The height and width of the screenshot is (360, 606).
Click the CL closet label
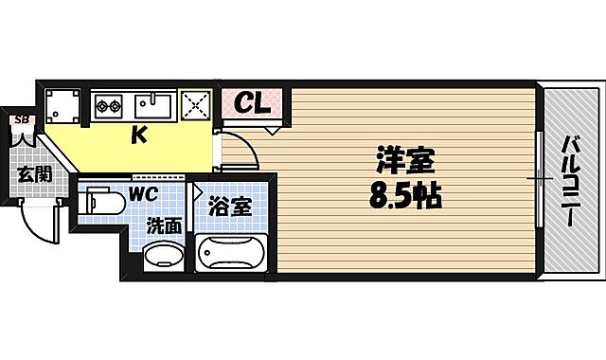tap(251, 101)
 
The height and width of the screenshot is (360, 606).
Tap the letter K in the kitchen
tap(138, 135)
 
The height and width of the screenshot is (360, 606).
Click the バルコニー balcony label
tap(571, 180)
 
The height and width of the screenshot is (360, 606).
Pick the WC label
tap(144, 194)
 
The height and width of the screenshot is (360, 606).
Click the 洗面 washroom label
tap(164, 225)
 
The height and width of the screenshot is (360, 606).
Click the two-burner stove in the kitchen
tap(108, 103)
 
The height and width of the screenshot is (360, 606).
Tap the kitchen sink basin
tap(151, 103)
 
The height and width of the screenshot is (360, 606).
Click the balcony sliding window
tap(538, 179)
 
